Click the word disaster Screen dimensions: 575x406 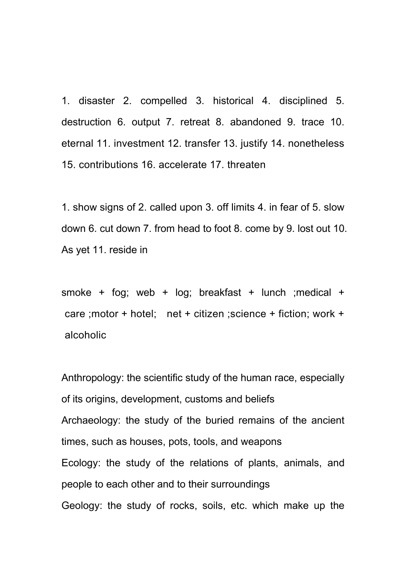pyautogui.click(x=97, y=101)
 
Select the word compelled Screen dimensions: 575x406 pyautogui.click(x=164, y=101)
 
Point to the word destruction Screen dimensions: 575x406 pyautogui.click(x=86, y=122)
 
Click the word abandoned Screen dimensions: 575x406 pyautogui.click(x=256, y=122)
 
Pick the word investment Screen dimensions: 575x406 pyautogui.click(x=139, y=144)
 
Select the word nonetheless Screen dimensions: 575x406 pyautogui.click(x=316, y=144)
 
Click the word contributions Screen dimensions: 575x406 pyautogui.click(x=109, y=165)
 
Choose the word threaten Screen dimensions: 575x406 pyautogui.click(x=246, y=165)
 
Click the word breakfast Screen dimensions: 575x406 pyautogui.click(x=220, y=293)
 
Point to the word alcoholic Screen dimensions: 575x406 pyautogui.click(x=85, y=335)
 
